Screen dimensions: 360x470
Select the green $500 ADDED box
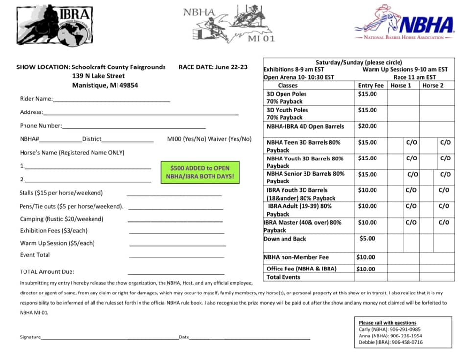pyautogui.click(x=200, y=172)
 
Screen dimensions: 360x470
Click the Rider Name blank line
pyautogui.click(x=112, y=100)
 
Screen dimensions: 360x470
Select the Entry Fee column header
pyautogui.click(x=371, y=85)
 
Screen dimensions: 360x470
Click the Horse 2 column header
pyautogui.click(x=434, y=85)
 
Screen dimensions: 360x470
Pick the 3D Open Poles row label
pyautogui.click(x=286, y=94)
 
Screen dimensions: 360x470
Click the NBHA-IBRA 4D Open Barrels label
pyautogui.click(x=305, y=126)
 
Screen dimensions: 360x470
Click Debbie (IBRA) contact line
pyautogui.click(x=390, y=342)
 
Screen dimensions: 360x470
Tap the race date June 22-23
pyautogui.click(x=213, y=67)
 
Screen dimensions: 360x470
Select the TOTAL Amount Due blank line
pyautogui.click(x=176, y=273)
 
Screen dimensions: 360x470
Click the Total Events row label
pyautogui.click(x=283, y=277)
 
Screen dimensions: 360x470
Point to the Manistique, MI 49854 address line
pyautogui.click(x=105, y=85)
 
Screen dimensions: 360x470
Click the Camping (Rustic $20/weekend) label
pyautogui.click(x=62, y=219)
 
